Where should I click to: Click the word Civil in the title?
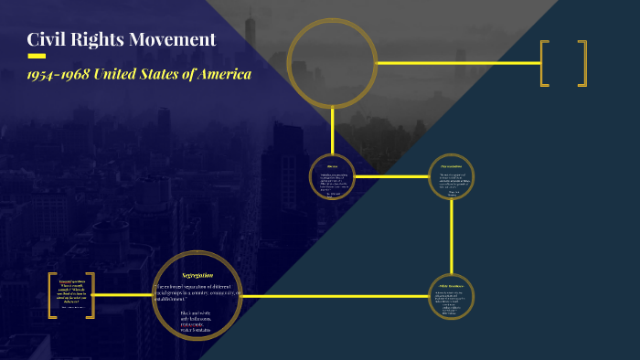(x=47, y=39)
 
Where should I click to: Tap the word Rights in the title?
(x=96, y=39)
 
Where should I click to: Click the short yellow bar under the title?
(x=37, y=56)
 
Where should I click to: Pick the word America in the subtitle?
(x=224, y=75)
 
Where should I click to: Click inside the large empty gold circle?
(x=332, y=62)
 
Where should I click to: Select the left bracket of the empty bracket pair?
(x=545, y=63)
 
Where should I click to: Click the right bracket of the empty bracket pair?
(x=582, y=63)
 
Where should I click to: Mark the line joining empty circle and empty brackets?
(x=457, y=63)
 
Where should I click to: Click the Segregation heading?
(x=197, y=275)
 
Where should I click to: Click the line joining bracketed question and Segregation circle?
(x=123, y=295)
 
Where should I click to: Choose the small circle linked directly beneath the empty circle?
(x=332, y=176)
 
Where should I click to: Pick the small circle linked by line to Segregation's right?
(x=452, y=297)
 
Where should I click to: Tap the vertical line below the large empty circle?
(x=332, y=128)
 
